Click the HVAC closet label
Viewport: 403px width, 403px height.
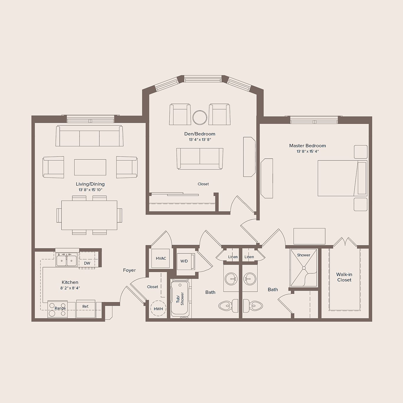click(161, 258)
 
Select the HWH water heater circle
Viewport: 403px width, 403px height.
click(158, 308)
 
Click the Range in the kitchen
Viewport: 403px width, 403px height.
click(58, 309)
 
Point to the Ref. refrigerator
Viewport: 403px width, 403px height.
click(86, 309)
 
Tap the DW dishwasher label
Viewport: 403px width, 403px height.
click(87, 263)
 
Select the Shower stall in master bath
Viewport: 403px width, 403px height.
click(304, 268)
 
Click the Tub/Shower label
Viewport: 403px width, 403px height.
click(180, 299)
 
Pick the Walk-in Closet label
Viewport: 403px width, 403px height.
click(344, 277)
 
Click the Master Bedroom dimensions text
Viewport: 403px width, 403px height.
click(307, 152)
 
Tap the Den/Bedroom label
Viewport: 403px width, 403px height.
click(200, 134)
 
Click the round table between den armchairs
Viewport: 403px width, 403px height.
click(200, 117)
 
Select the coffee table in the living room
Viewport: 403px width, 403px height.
click(90, 167)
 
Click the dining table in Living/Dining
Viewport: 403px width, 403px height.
click(89, 215)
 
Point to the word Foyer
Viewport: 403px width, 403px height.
click(129, 270)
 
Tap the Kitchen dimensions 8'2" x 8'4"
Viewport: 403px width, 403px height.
click(70, 288)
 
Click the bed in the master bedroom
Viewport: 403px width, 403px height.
click(342, 178)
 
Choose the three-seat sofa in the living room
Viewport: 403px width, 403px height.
click(89, 136)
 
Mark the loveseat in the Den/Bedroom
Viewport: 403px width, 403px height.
click(200, 158)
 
